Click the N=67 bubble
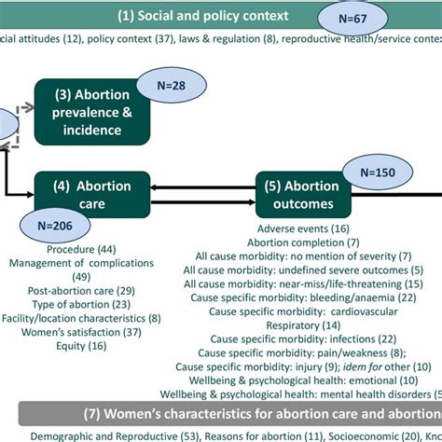click(357, 17)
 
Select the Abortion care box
click(91, 194)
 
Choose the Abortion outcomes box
click(304, 194)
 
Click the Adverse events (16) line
click(304, 228)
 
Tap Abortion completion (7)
click(304, 242)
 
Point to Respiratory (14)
click(304, 325)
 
